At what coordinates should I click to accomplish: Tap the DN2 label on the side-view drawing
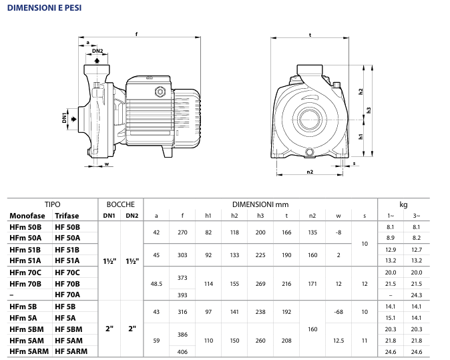pos(97,51)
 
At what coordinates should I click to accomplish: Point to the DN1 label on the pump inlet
pos(65,118)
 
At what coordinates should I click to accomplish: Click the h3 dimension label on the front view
pos(369,111)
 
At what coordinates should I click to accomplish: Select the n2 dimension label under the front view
pos(310,172)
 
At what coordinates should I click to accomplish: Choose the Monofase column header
pos(27,216)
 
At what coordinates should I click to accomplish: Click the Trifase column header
pos(67,216)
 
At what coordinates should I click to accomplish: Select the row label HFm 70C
pos(26,273)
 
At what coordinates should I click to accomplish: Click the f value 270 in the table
pos(182,232)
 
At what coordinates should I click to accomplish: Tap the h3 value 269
pos(260,283)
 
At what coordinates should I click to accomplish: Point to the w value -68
pos(339,312)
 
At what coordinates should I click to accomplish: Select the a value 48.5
pos(156,283)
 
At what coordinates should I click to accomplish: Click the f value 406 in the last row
pos(182,351)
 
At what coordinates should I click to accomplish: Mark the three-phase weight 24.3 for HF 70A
pos(417,295)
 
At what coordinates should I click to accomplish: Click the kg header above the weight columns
pos(403,204)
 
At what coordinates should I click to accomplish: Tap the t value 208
pos(286,340)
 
